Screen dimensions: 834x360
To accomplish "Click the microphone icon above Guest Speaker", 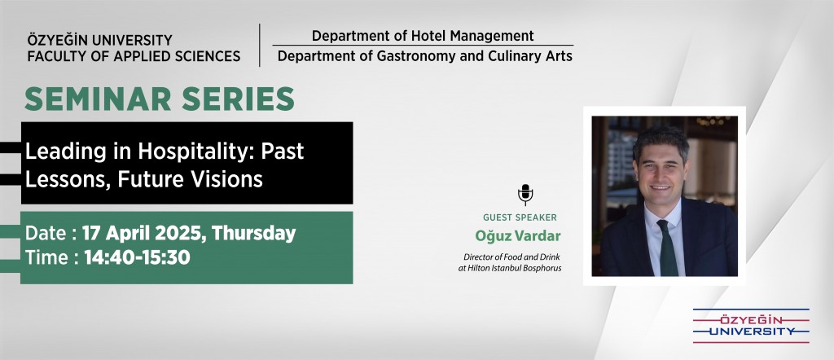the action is [x=525, y=195].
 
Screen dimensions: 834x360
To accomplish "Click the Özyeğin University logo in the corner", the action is [x=750, y=326].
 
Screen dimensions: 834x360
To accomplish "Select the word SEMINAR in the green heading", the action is [x=98, y=99].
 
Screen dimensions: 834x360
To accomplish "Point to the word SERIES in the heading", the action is [x=238, y=99].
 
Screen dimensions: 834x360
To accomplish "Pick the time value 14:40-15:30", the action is [x=137, y=258].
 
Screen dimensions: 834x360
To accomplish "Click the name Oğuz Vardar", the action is [x=517, y=235].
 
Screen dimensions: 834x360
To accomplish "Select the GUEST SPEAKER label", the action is [x=520, y=217].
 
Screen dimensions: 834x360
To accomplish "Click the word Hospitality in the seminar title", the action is [x=196, y=152].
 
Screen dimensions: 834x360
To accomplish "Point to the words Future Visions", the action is [x=190, y=179].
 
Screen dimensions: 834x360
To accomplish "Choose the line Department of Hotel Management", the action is [x=423, y=36].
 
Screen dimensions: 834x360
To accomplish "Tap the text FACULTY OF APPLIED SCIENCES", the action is [x=134, y=56].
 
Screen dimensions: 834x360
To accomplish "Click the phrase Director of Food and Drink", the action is [x=511, y=257].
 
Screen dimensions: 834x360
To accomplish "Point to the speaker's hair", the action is [x=661, y=139].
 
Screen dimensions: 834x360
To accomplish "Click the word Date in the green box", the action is [x=46, y=234].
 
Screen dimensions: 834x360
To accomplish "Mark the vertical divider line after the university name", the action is [x=260, y=45].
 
